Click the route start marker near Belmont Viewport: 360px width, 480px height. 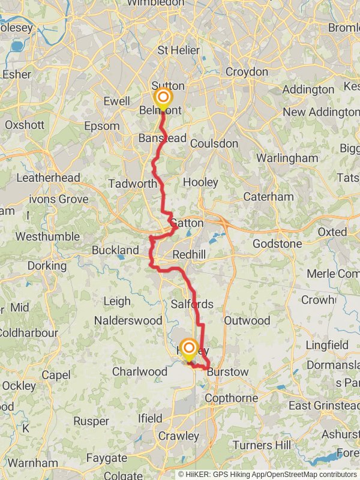click(163, 98)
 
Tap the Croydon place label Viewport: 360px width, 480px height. click(247, 72)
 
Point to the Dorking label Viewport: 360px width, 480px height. click(47, 265)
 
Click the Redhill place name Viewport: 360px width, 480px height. click(189, 254)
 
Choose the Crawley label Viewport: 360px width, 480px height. click(179, 436)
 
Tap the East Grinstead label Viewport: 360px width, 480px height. click(317, 406)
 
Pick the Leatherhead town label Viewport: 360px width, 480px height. click(48, 178)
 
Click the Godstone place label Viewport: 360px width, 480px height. click(277, 244)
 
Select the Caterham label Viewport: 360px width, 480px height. click(268, 197)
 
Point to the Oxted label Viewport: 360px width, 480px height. click(332, 232)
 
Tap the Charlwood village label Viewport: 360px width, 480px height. click(140, 371)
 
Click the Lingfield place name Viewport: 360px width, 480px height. click(327, 345)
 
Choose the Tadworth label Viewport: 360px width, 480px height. click(133, 184)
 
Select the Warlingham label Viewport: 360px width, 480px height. click(287, 158)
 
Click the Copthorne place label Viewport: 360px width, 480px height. click(232, 398)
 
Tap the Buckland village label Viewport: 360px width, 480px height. click(115, 250)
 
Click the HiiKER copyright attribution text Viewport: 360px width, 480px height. click(267, 474)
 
